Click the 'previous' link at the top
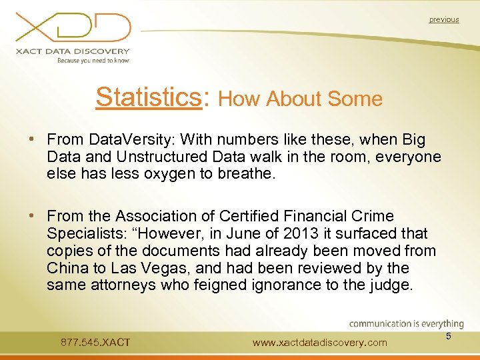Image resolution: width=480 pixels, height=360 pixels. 444,20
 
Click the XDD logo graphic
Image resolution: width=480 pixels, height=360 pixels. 73,28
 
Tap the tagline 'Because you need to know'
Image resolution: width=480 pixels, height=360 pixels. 93,61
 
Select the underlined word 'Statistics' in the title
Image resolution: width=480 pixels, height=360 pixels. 148,97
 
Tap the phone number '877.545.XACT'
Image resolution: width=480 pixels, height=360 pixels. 95,343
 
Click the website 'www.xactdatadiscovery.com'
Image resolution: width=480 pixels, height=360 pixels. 320,343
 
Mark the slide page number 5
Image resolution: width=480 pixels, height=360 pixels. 449,337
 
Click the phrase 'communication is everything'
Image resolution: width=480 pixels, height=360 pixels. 407,324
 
